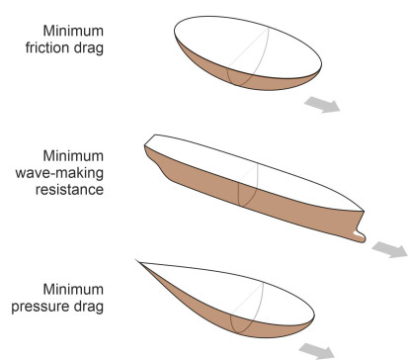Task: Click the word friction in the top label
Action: [48, 47]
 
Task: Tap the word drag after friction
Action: [89, 48]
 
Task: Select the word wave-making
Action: [59, 173]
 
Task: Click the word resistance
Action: [69, 190]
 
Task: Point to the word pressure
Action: [41, 307]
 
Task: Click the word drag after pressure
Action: [89, 307]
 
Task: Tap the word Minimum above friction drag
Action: [73, 31]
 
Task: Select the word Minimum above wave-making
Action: [73, 155]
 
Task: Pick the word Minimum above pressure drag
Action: [73, 289]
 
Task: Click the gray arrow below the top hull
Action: [322, 105]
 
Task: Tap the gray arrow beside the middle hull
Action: [390, 249]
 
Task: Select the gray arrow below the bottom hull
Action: [317, 351]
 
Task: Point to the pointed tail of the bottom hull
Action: [137, 261]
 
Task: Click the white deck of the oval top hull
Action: [247, 46]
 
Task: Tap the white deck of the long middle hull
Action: [254, 171]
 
